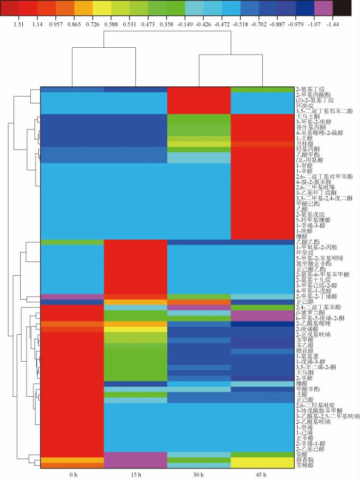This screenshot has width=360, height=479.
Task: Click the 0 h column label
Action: pos(73,473)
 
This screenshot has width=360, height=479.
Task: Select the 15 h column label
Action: pos(136,473)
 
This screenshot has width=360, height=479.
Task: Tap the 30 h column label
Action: pos(199,473)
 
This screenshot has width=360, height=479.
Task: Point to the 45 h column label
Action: pos(262,473)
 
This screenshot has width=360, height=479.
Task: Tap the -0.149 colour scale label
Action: pos(195,24)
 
